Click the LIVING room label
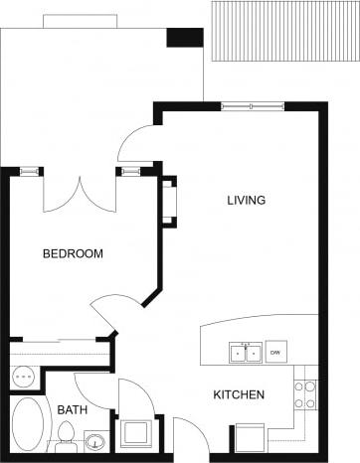(x=246, y=201)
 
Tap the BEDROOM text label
(x=73, y=254)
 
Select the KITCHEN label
(x=239, y=395)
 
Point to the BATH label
(x=70, y=410)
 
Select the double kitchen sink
(x=246, y=353)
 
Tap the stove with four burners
(x=305, y=394)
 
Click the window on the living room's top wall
(x=251, y=106)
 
